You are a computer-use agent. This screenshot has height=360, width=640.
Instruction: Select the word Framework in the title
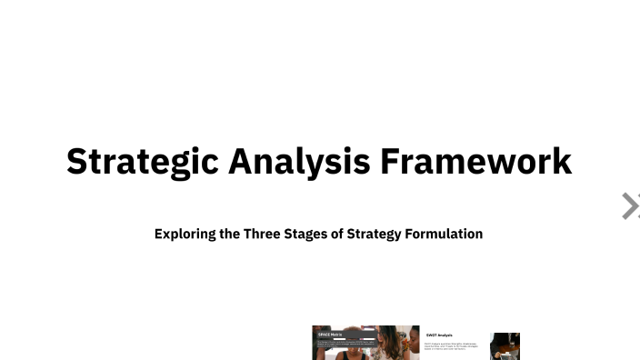[x=475, y=162]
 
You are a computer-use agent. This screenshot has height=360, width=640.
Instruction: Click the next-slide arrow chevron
[x=630, y=206]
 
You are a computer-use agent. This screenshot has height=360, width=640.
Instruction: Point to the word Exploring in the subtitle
[x=185, y=234]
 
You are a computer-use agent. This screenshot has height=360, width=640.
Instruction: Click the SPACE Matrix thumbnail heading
[x=330, y=335]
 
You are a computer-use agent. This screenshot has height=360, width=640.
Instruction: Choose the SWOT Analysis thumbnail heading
[x=439, y=335]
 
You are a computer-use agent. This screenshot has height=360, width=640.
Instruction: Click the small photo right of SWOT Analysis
[x=505, y=346]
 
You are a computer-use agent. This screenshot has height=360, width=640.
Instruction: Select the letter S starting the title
[x=77, y=162]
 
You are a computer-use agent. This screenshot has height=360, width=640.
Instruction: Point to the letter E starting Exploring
[x=159, y=234]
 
